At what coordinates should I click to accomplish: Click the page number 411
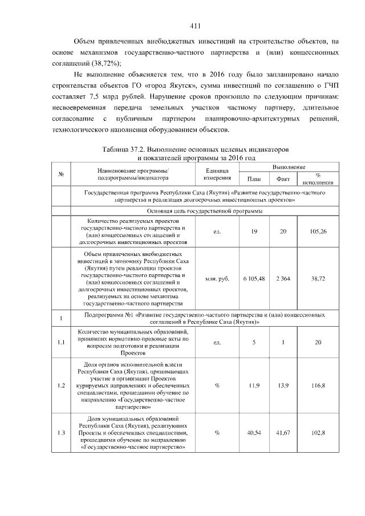[x=194, y=26]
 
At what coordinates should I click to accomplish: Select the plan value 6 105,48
[x=254, y=278]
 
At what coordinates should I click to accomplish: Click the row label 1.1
[x=60, y=343]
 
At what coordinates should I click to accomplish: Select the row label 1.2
[x=60, y=385]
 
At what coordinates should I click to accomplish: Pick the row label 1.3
[x=60, y=433]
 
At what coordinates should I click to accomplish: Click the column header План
[x=254, y=179]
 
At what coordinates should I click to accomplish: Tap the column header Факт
[x=283, y=179]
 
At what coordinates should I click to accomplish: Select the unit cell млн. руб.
[x=217, y=278]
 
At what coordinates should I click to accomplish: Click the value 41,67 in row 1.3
[x=283, y=433]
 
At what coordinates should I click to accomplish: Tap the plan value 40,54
[x=254, y=433]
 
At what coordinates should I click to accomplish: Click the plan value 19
[x=254, y=232]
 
